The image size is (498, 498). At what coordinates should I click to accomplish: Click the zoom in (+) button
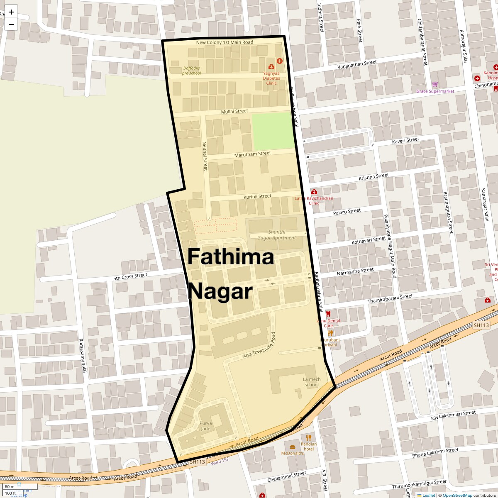click(11, 12)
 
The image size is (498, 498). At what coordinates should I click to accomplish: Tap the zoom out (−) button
click(11, 24)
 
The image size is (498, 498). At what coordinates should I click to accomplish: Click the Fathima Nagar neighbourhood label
click(231, 274)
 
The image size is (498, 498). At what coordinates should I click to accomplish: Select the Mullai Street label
click(234, 111)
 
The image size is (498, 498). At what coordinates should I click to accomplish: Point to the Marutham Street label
click(252, 154)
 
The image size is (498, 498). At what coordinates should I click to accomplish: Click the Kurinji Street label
click(257, 196)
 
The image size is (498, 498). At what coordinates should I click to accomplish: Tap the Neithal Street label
click(204, 156)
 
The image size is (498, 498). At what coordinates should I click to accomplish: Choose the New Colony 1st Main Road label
click(225, 42)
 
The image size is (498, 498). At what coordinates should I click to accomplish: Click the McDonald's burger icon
click(293, 447)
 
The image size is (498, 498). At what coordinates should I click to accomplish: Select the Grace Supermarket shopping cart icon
click(435, 85)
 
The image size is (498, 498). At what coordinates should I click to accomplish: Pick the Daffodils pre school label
click(191, 71)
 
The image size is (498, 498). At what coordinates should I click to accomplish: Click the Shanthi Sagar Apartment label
click(277, 235)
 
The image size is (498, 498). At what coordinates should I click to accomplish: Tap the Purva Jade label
click(205, 426)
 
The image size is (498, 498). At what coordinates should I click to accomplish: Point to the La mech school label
click(312, 382)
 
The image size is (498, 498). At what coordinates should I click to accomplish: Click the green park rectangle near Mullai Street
click(273, 130)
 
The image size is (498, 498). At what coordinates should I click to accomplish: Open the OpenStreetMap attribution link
click(457, 495)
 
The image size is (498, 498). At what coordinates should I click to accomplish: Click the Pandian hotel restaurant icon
click(308, 437)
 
